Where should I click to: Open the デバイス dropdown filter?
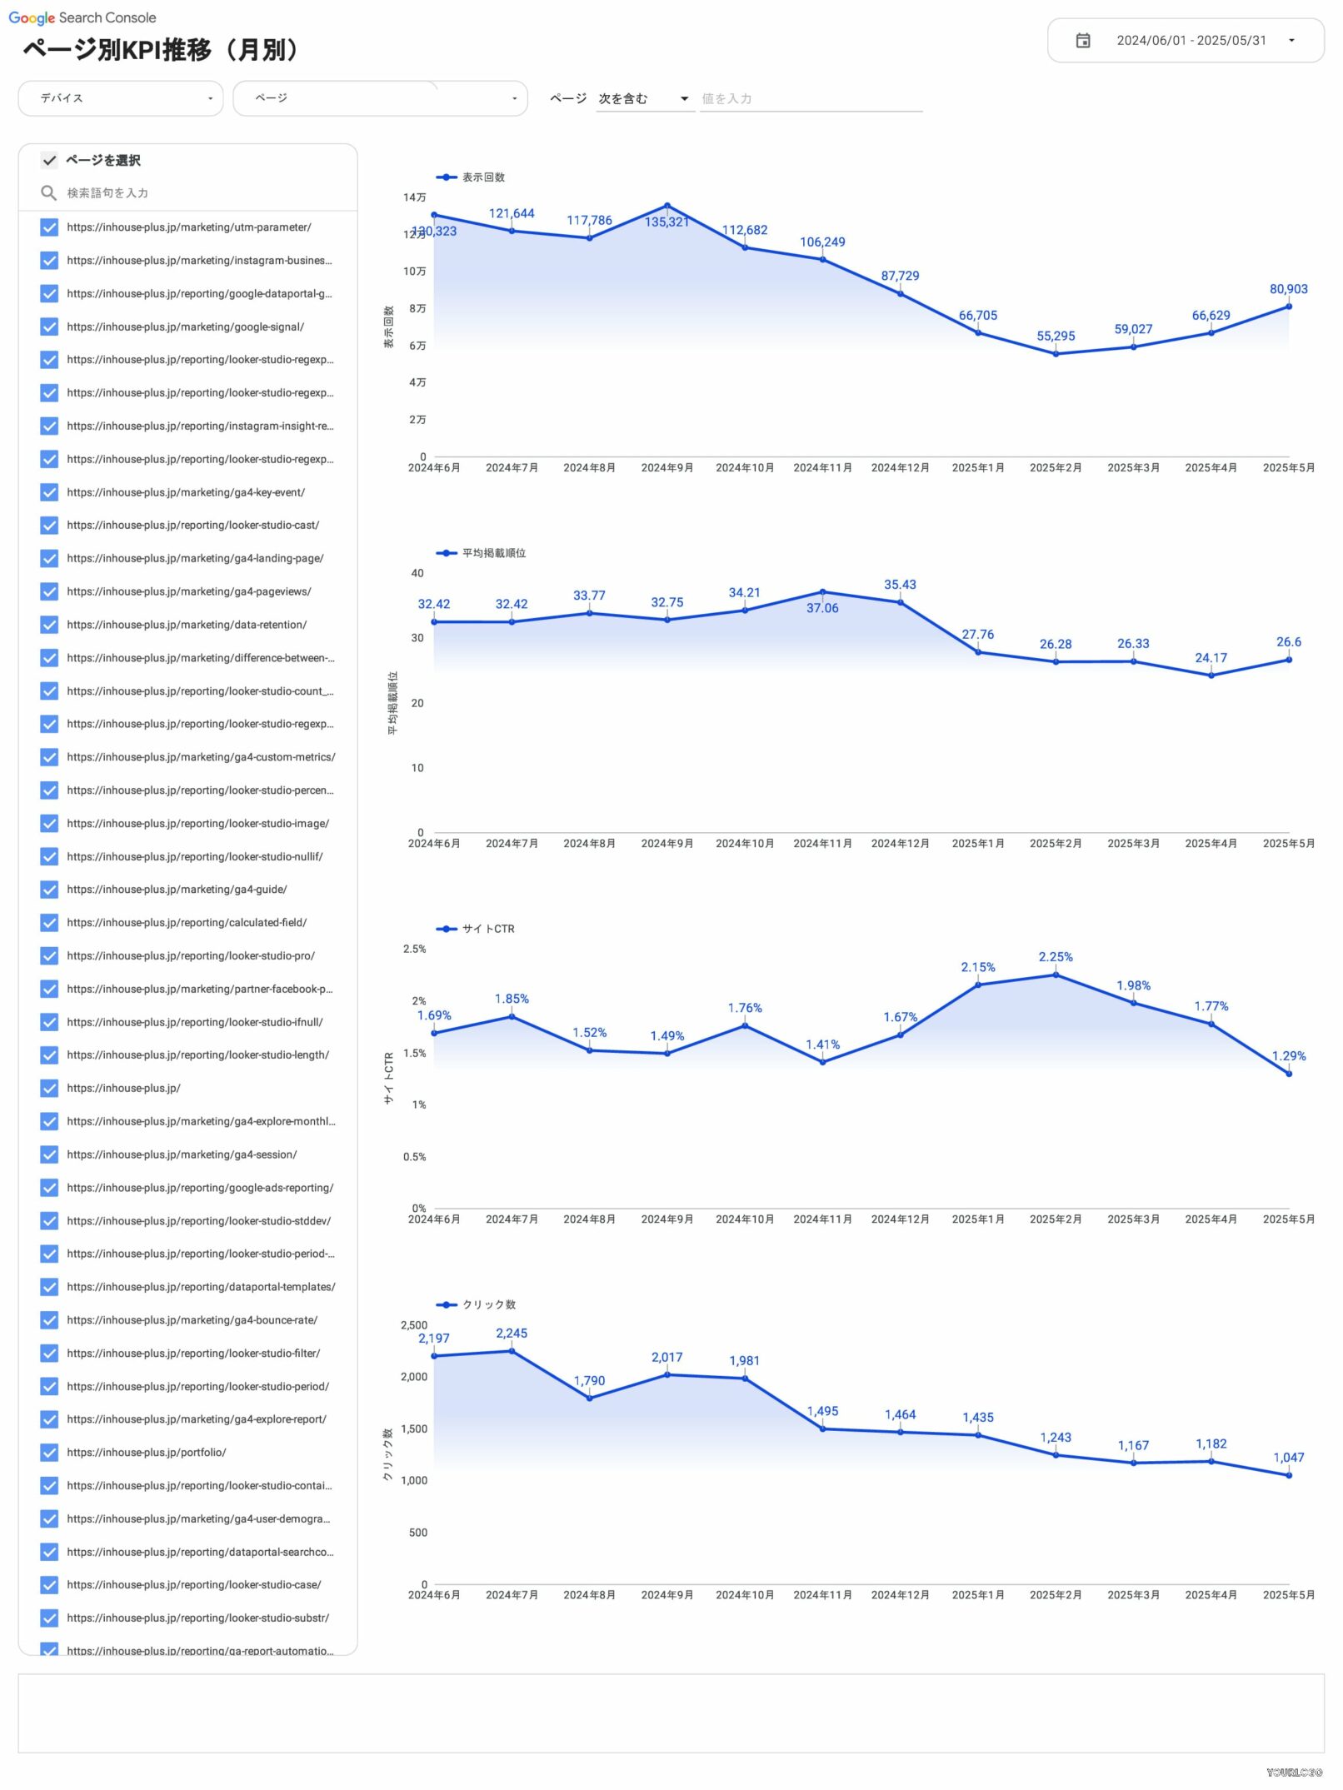pos(121,98)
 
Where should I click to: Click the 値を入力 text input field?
pos(810,98)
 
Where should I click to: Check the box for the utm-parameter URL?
pos(49,227)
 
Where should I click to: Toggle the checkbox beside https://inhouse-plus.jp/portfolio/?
pos(49,1453)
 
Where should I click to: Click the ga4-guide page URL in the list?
pos(177,890)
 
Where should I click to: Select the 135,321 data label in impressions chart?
pos(667,222)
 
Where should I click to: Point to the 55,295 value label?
pos(1056,336)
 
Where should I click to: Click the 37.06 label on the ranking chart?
pos(822,608)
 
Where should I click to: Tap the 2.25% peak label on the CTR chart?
pos(1056,957)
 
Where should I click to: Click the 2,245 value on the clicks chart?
pos(512,1334)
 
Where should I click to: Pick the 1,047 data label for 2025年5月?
pos(1288,1458)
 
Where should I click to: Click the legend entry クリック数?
pos(488,1304)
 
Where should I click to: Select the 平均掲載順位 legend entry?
pos(493,553)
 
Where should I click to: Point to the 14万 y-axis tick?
pos(414,197)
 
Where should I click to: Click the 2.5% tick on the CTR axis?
pos(414,949)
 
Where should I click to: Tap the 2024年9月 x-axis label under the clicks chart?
pos(667,1595)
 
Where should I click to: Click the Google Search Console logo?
pos(82,17)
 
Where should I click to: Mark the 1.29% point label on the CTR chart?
pos(1288,1056)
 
